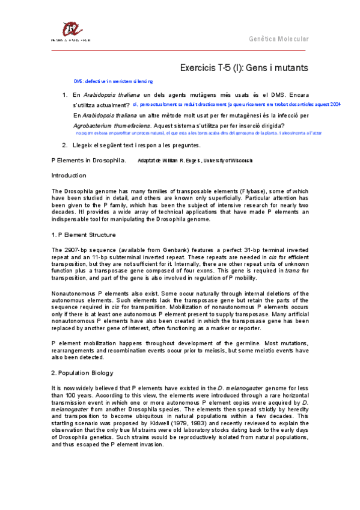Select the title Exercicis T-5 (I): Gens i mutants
pos(244,68)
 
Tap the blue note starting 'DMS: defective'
pos(113,81)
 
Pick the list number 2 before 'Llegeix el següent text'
pos(64,145)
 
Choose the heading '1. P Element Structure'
pos(84,234)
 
